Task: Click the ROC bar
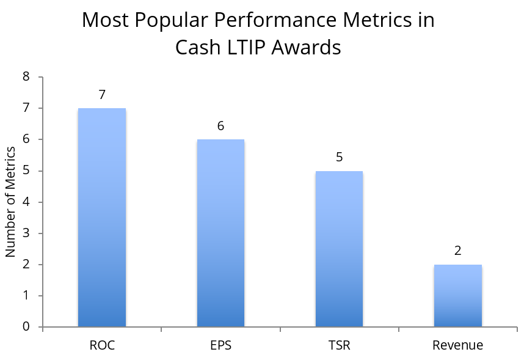(x=102, y=218)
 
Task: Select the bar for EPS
(x=220, y=233)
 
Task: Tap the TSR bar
(x=339, y=249)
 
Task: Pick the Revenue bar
(x=458, y=296)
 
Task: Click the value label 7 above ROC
(x=102, y=95)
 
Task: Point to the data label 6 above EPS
(x=220, y=127)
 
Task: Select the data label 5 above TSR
(x=339, y=158)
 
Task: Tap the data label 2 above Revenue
(x=458, y=251)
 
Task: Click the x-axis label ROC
(x=102, y=345)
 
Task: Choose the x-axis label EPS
(x=220, y=345)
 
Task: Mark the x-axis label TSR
(x=339, y=345)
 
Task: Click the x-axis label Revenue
(x=458, y=345)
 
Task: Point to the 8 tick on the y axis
(x=26, y=77)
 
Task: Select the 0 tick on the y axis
(x=26, y=327)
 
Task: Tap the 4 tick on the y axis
(x=26, y=202)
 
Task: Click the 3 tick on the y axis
(x=26, y=233)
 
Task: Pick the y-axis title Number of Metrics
(x=10, y=202)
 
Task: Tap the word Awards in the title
(x=311, y=47)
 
